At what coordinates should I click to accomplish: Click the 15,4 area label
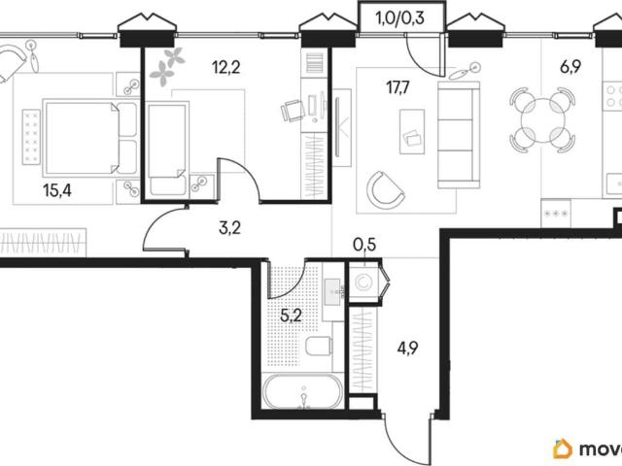click(x=57, y=190)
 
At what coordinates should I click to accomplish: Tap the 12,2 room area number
click(x=226, y=68)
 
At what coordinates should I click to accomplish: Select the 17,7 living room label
click(x=399, y=87)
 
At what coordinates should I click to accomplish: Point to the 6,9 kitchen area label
click(x=570, y=67)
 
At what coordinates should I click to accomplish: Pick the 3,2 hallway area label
click(x=229, y=228)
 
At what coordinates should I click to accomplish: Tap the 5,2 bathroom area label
click(x=292, y=316)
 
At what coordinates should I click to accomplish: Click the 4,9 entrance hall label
click(x=408, y=349)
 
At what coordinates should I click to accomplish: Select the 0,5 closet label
click(x=364, y=245)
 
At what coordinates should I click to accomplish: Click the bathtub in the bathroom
click(x=302, y=390)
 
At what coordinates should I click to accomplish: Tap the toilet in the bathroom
click(x=319, y=347)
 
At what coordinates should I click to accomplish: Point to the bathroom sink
click(x=333, y=291)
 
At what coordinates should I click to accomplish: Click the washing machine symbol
click(x=363, y=283)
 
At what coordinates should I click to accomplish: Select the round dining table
click(x=542, y=120)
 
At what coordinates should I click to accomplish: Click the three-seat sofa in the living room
click(x=459, y=135)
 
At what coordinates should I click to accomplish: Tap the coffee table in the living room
click(x=412, y=132)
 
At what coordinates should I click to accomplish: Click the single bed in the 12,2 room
click(x=167, y=149)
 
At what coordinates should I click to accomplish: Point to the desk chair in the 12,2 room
click(x=293, y=110)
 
